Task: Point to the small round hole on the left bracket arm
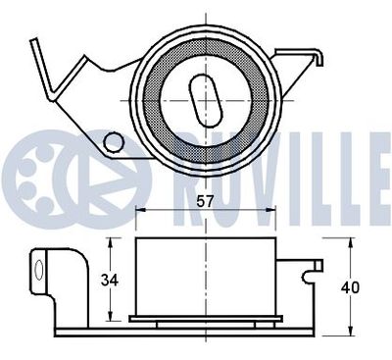114,143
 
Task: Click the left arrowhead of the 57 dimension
137,211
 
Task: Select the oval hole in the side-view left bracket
41,267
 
